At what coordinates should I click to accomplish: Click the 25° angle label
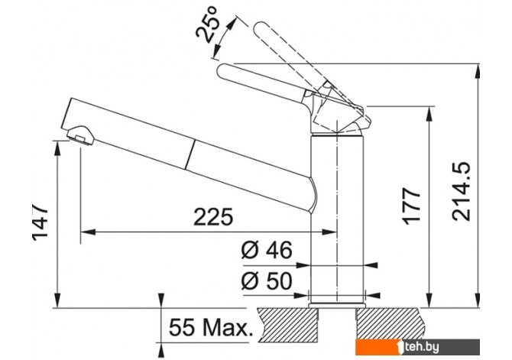[208, 29]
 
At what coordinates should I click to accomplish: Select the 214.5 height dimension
[461, 191]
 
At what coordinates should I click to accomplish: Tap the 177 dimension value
[411, 206]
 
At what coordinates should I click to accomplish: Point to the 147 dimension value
[41, 223]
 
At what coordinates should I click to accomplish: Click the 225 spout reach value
[213, 216]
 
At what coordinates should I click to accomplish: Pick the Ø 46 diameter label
[267, 250]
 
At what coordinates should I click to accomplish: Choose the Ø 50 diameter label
[267, 281]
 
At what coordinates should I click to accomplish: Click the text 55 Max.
[211, 327]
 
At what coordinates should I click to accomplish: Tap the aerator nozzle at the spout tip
[80, 135]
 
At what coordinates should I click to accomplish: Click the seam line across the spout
[191, 155]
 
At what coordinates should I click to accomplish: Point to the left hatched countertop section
[287, 325]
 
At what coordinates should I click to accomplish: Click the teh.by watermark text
[420, 347]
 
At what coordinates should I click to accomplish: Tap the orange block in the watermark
[378, 346]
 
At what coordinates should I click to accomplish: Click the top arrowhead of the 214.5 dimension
[478, 70]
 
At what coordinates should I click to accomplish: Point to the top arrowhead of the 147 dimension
[57, 148]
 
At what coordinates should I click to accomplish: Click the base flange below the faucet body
[337, 305]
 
